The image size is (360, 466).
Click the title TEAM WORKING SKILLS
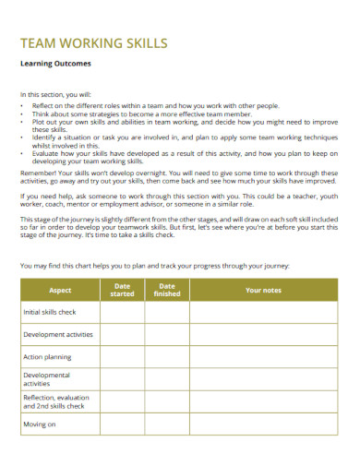[x=93, y=42]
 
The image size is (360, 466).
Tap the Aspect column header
[x=59, y=290]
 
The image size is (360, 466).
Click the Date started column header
[x=122, y=290]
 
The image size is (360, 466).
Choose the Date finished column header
[x=167, y=290]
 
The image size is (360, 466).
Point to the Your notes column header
[x=263, y=290]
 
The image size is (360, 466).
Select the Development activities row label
[x=57, y=334]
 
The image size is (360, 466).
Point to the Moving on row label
[x=40, y=424]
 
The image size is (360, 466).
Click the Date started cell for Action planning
[x=122, y=355]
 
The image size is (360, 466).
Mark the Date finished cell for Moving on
[x=167, y=424]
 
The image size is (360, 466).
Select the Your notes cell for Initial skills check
[x=263, y=312]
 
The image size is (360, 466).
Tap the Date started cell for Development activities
[x=122, y=334]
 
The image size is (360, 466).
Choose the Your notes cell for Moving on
[x=263, y=424]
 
